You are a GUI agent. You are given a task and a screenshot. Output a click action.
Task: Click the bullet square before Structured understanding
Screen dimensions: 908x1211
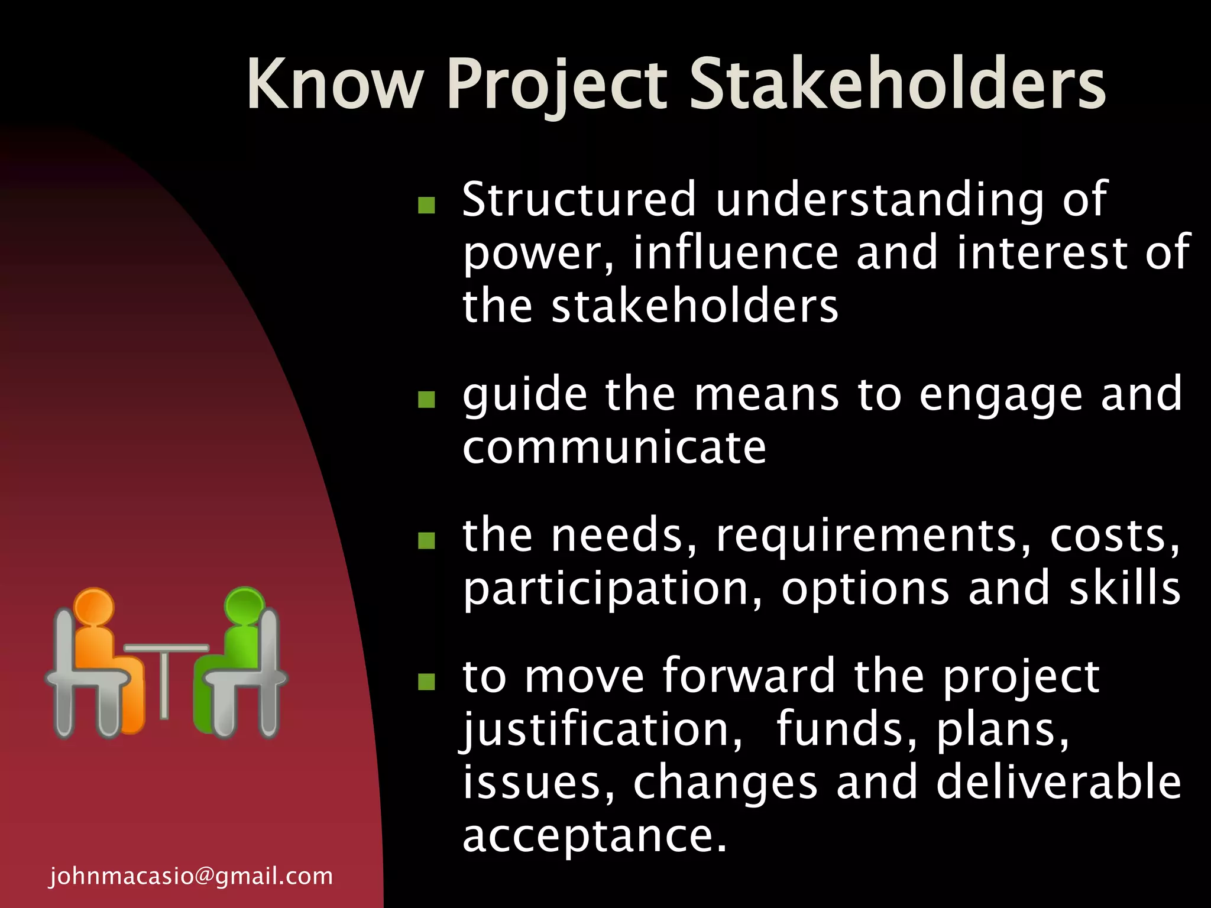(426, 205)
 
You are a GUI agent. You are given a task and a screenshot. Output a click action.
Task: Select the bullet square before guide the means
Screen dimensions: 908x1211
(426, 400)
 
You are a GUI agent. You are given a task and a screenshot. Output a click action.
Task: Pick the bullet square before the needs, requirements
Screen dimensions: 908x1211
(426, 540)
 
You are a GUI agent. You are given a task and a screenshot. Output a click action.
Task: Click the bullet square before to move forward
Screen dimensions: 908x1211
(426, 682)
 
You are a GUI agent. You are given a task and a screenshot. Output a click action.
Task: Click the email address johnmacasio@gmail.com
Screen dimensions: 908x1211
(191, 876)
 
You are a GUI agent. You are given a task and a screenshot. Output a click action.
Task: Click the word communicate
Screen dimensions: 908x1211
(614, 447)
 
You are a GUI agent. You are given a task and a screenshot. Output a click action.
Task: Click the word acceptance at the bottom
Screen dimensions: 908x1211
(594, 837)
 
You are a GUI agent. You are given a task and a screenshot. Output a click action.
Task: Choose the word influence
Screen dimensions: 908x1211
(736, 252)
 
